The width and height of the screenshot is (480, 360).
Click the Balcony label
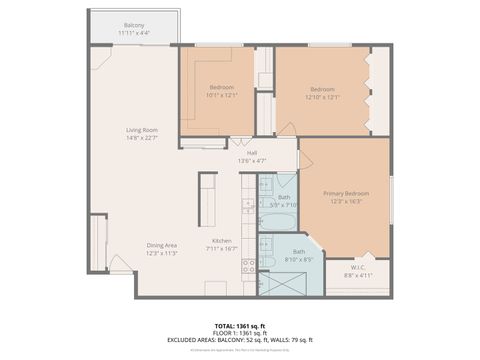coord(134,24)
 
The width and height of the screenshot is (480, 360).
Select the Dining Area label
coord(162,245)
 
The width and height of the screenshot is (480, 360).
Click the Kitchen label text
coord(221,240)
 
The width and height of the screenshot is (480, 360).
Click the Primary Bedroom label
coord(346,192)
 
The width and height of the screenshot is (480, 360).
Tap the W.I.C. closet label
coord(357,266)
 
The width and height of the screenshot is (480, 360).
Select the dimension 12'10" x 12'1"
coord(322,96)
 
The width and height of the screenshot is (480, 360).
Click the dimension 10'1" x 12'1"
coord(222,96)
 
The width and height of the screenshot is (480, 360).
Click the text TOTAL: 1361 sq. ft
coord(240,325)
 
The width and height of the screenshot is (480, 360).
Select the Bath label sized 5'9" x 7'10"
coord(285,197)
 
